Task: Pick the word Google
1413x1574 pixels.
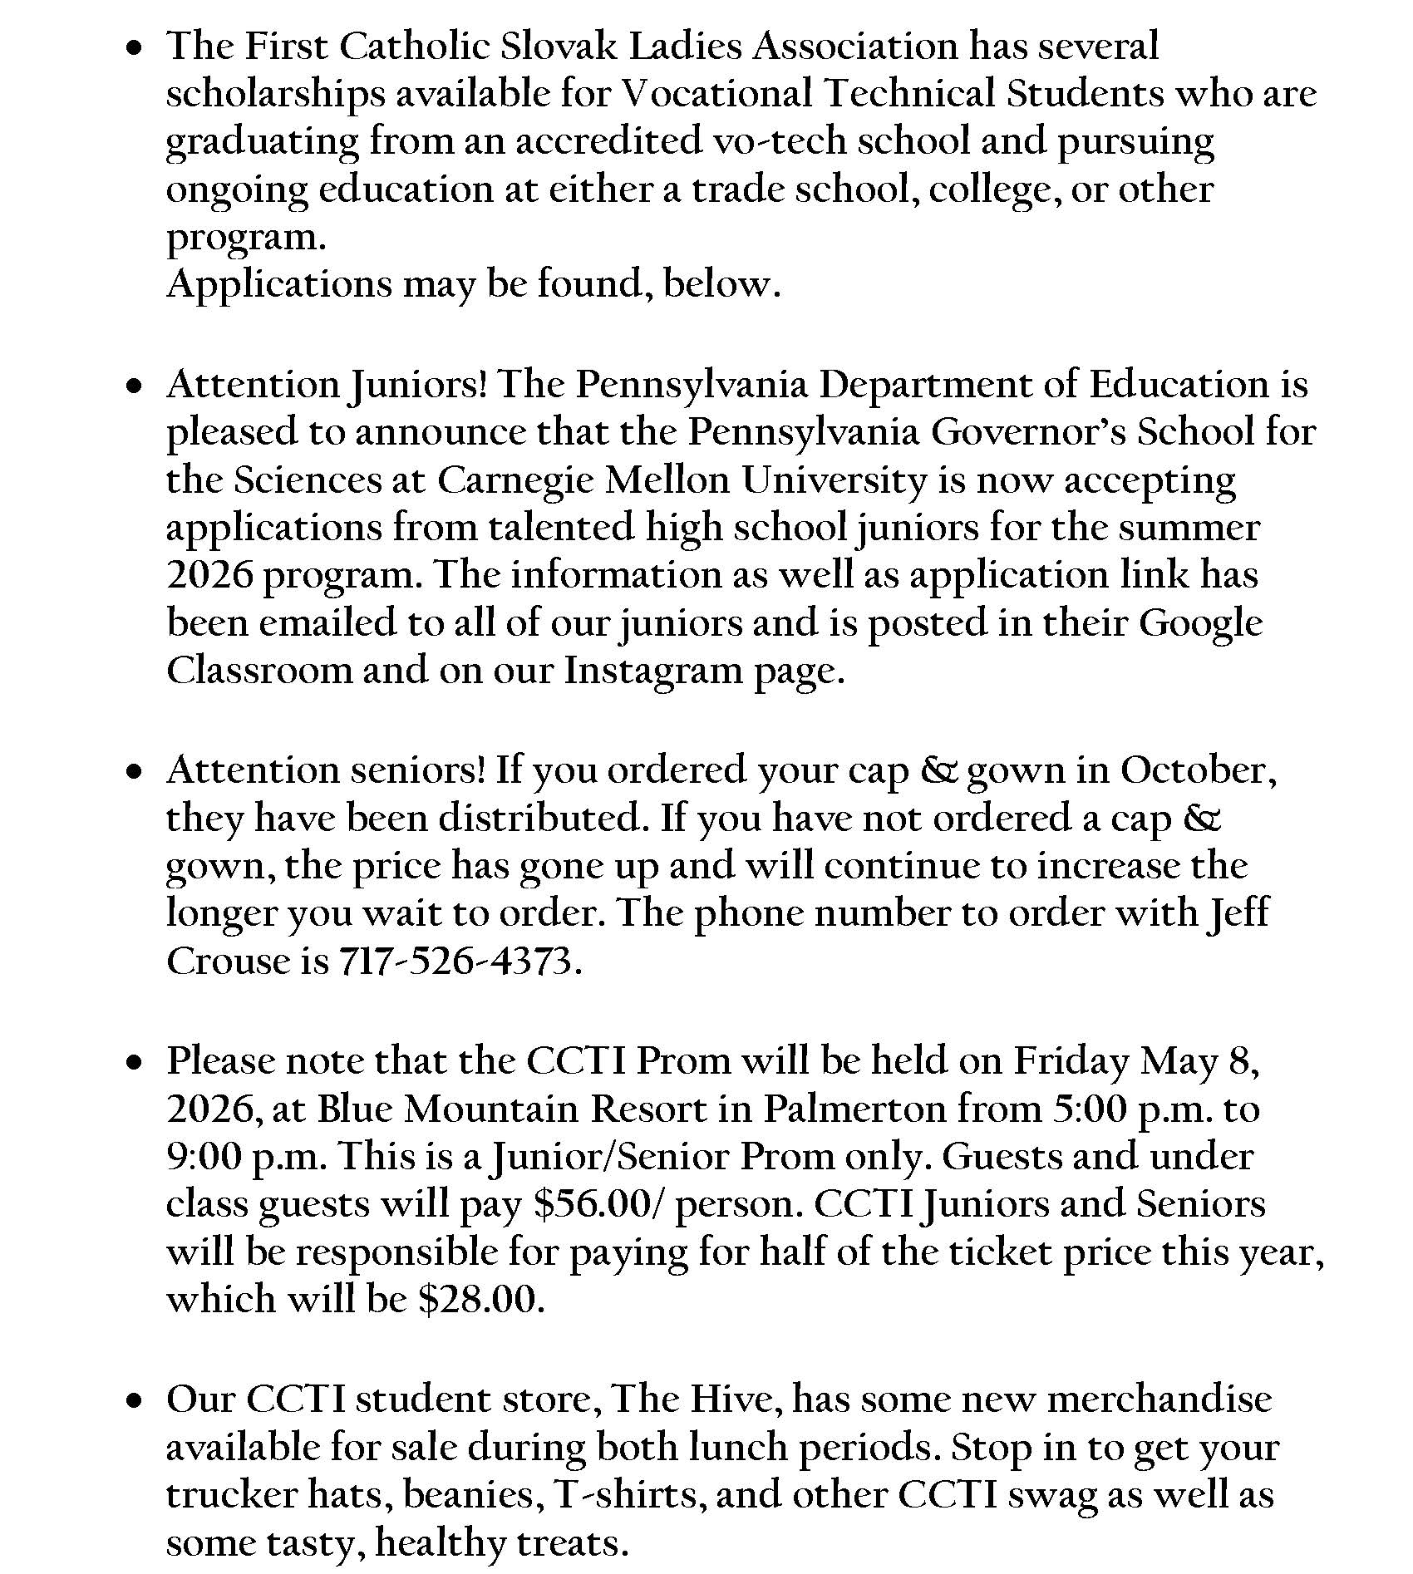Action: pos(1200,624)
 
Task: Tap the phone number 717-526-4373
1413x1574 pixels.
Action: pos(455,962)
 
